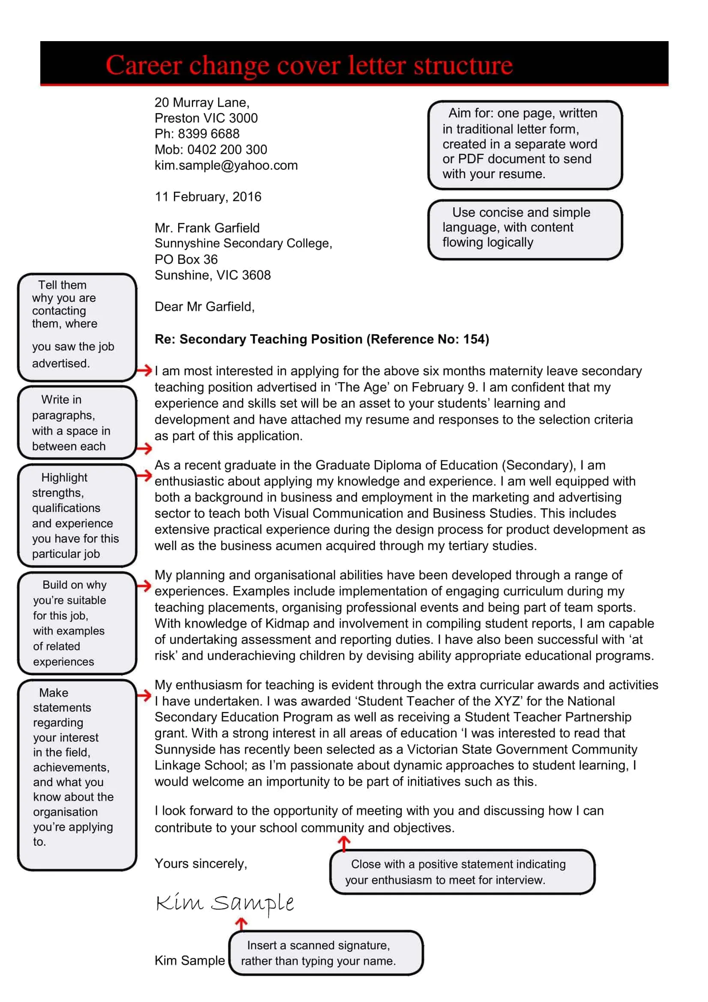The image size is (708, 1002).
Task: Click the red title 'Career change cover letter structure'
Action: tap(309, 65)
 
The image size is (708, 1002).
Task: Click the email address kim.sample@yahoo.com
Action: tap(226, 165)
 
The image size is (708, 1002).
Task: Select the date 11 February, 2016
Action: tap(208, 197)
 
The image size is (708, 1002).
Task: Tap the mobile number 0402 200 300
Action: tap(227, 150)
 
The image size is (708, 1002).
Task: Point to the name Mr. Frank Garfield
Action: tap(207, 228)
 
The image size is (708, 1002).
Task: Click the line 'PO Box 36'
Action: tap(186, 259)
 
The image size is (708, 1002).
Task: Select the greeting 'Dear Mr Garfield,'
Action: tap(204, 307)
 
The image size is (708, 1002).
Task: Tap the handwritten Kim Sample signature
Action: tap(225, 903)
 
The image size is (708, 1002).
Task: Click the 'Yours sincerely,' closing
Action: tap(201, 864)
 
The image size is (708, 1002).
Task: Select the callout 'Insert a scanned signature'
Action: tap(326, 953)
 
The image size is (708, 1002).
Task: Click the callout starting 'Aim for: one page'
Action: tap(525, 144)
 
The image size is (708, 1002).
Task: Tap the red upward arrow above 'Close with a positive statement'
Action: tap(344, 843)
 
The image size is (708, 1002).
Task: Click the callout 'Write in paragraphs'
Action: tap(77, 422)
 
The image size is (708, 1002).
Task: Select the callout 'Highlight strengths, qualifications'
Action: tap(77, 515)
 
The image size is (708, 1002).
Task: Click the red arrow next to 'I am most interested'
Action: tap(144, 371)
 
